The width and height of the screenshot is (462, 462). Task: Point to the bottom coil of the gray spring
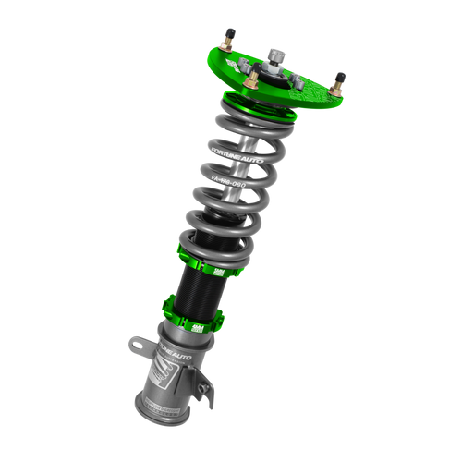coord(209,236)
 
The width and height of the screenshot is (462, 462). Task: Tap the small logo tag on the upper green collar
coord(218,271)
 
